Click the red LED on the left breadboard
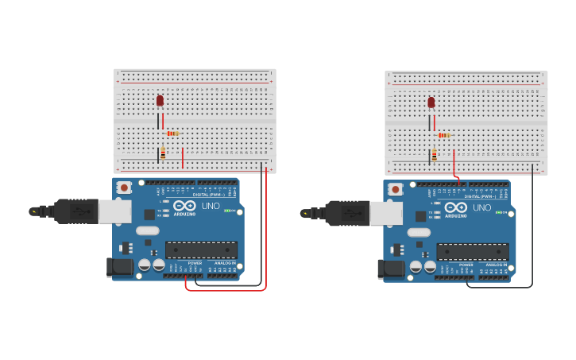pyautogui.click(x=160, y=101)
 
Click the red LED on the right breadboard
pyautogui.click(x=431, y=103)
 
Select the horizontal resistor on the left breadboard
pyautogui.click(x=172, y=134)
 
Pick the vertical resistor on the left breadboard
pyautogui.click(x=163, y=153)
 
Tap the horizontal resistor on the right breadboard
pyautogui.click(x=444, y=135)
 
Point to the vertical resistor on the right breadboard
pyautogui.click(x=435, y=155)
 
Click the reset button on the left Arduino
pyautogui.click(x=124, y=188)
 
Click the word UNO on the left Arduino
pyautogui.click(x=211, y=206)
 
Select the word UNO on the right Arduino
pyautogui.click(x=481, y=207)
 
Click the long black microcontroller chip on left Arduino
pyautogui.click(x=201, y=250)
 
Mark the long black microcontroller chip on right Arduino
pyautogui.click(x=472, y=251)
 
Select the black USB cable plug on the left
pyautogui.click(x=76, y=211)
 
